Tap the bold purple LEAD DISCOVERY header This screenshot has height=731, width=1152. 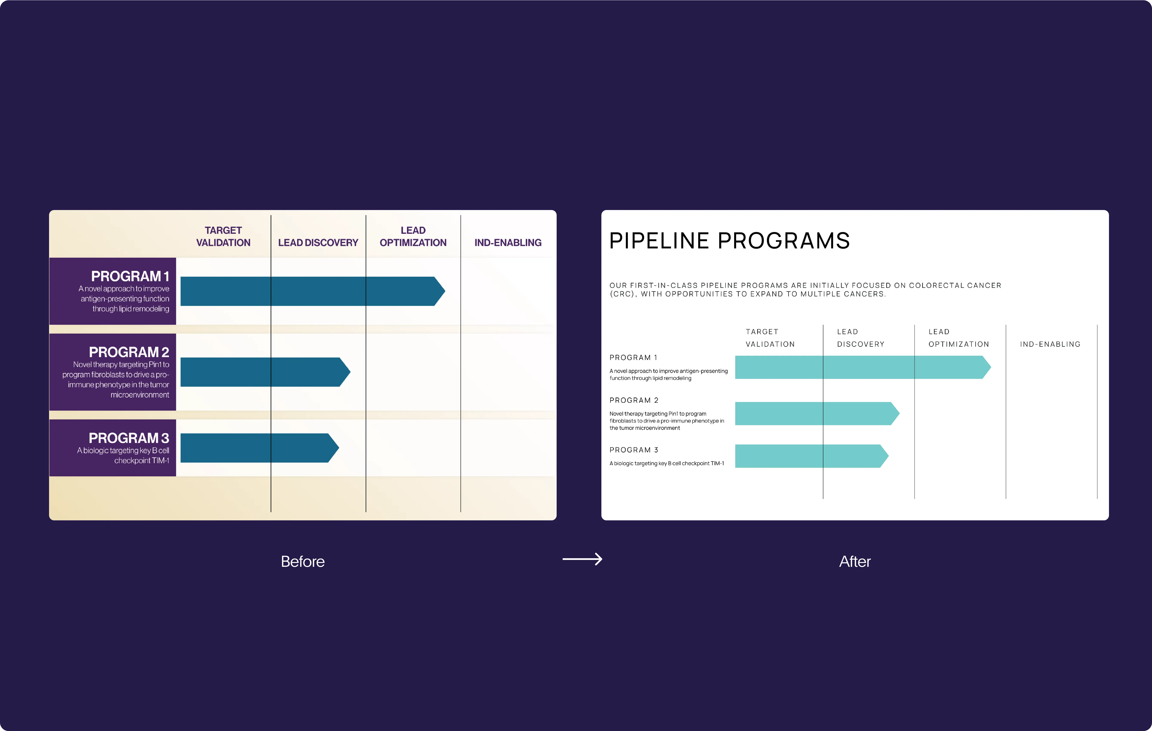pos(318,243)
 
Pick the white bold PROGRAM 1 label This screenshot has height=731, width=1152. pos(130,276)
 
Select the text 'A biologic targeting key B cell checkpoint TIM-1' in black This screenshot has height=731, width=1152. pos(666,463)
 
